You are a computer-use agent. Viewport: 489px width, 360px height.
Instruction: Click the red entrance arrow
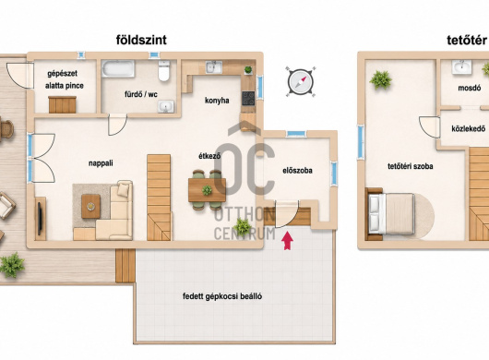click(287, 241)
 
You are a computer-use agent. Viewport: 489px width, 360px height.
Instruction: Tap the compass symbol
click(301, 82)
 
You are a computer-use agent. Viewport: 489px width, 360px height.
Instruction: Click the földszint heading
click(141, 40)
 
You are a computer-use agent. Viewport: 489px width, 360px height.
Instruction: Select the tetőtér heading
click(467, 41)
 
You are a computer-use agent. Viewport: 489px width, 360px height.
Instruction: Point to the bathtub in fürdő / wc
click(118, 68)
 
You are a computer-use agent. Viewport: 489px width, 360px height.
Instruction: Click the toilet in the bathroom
click(163, 70)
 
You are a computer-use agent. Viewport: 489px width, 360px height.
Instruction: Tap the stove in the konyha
click(248, 98)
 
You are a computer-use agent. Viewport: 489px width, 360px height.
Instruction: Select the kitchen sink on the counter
click(214, 67)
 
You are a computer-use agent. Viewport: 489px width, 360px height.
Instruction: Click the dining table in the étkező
click(207, 189)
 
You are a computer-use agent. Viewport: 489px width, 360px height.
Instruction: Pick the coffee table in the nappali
click(90, 206)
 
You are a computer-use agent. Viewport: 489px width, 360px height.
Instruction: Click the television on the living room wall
click(40, 219)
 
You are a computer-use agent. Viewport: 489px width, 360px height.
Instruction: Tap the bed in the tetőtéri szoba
click(391, 213)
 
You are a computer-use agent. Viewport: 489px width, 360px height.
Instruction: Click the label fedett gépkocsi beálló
click(222, 296)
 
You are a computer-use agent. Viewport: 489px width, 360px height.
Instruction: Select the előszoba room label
click(297, 171)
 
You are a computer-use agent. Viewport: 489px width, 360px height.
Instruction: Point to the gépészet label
click(63, 74)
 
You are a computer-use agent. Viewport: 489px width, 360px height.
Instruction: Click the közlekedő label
click(468, 128)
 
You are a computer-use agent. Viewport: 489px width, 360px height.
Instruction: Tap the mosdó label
click(469, 88)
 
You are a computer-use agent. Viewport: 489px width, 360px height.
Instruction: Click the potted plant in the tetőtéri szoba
click(380, 80)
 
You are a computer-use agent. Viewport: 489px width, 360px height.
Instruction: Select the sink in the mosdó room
click(461, 67)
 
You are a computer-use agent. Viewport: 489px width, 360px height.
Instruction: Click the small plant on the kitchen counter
click(248, 69)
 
